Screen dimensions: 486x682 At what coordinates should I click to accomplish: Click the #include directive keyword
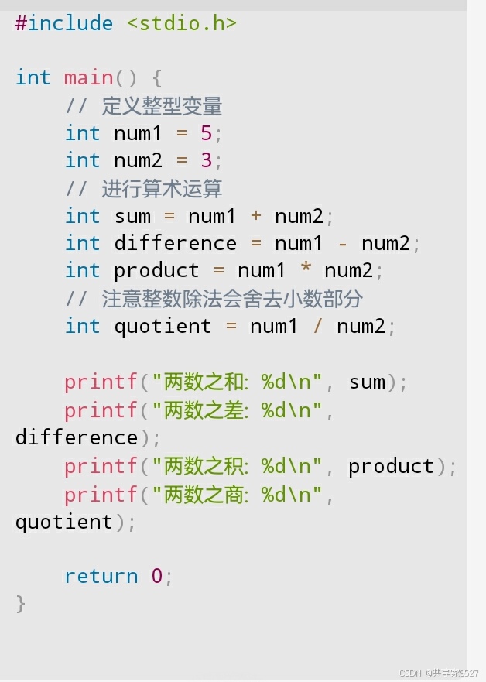pos(63,23)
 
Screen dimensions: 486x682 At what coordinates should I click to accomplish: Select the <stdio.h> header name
pos(181,23)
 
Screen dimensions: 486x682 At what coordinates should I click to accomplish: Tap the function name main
pos(88,78)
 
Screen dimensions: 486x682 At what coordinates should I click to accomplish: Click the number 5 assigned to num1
pos(206,133)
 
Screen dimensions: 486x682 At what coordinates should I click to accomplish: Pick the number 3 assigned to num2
pos(206,161)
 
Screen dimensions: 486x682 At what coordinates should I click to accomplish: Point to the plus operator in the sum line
pos(256,216)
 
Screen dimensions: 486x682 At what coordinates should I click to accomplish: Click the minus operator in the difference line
pos(343,244)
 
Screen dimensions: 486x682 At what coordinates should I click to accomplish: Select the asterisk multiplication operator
pos(306,271)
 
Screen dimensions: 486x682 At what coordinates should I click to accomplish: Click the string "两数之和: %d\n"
pos(236,382)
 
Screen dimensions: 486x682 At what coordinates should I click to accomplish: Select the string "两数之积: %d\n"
pos(236,466)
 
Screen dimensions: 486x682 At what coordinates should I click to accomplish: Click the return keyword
pos(101,576)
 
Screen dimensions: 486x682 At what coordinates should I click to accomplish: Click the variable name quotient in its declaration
pos(163,326)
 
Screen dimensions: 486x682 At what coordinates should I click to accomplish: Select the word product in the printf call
pos(391,466)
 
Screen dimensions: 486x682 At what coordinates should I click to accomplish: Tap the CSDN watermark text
pos(439,673)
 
